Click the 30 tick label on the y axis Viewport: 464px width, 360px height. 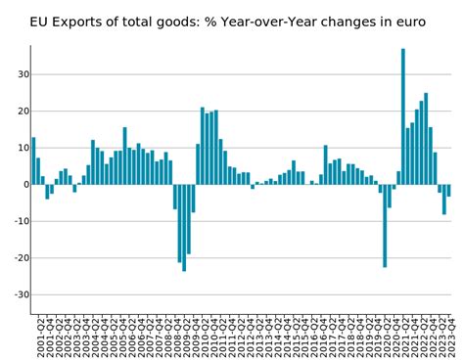point(19,74)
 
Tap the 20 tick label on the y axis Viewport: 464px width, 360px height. point(19,112)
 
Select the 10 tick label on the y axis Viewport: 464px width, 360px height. point(19,148)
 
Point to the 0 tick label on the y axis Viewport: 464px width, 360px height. point(23,185)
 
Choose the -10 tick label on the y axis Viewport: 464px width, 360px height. point(17,222)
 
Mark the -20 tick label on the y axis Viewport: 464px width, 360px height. point(17,258)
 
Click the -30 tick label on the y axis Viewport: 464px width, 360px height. point(17,295)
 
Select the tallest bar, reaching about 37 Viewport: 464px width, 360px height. point(403,116)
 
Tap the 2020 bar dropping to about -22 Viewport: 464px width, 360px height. point(385,225)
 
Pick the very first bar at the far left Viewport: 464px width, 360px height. point(34,160)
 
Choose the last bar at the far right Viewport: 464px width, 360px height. point(448,191)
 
